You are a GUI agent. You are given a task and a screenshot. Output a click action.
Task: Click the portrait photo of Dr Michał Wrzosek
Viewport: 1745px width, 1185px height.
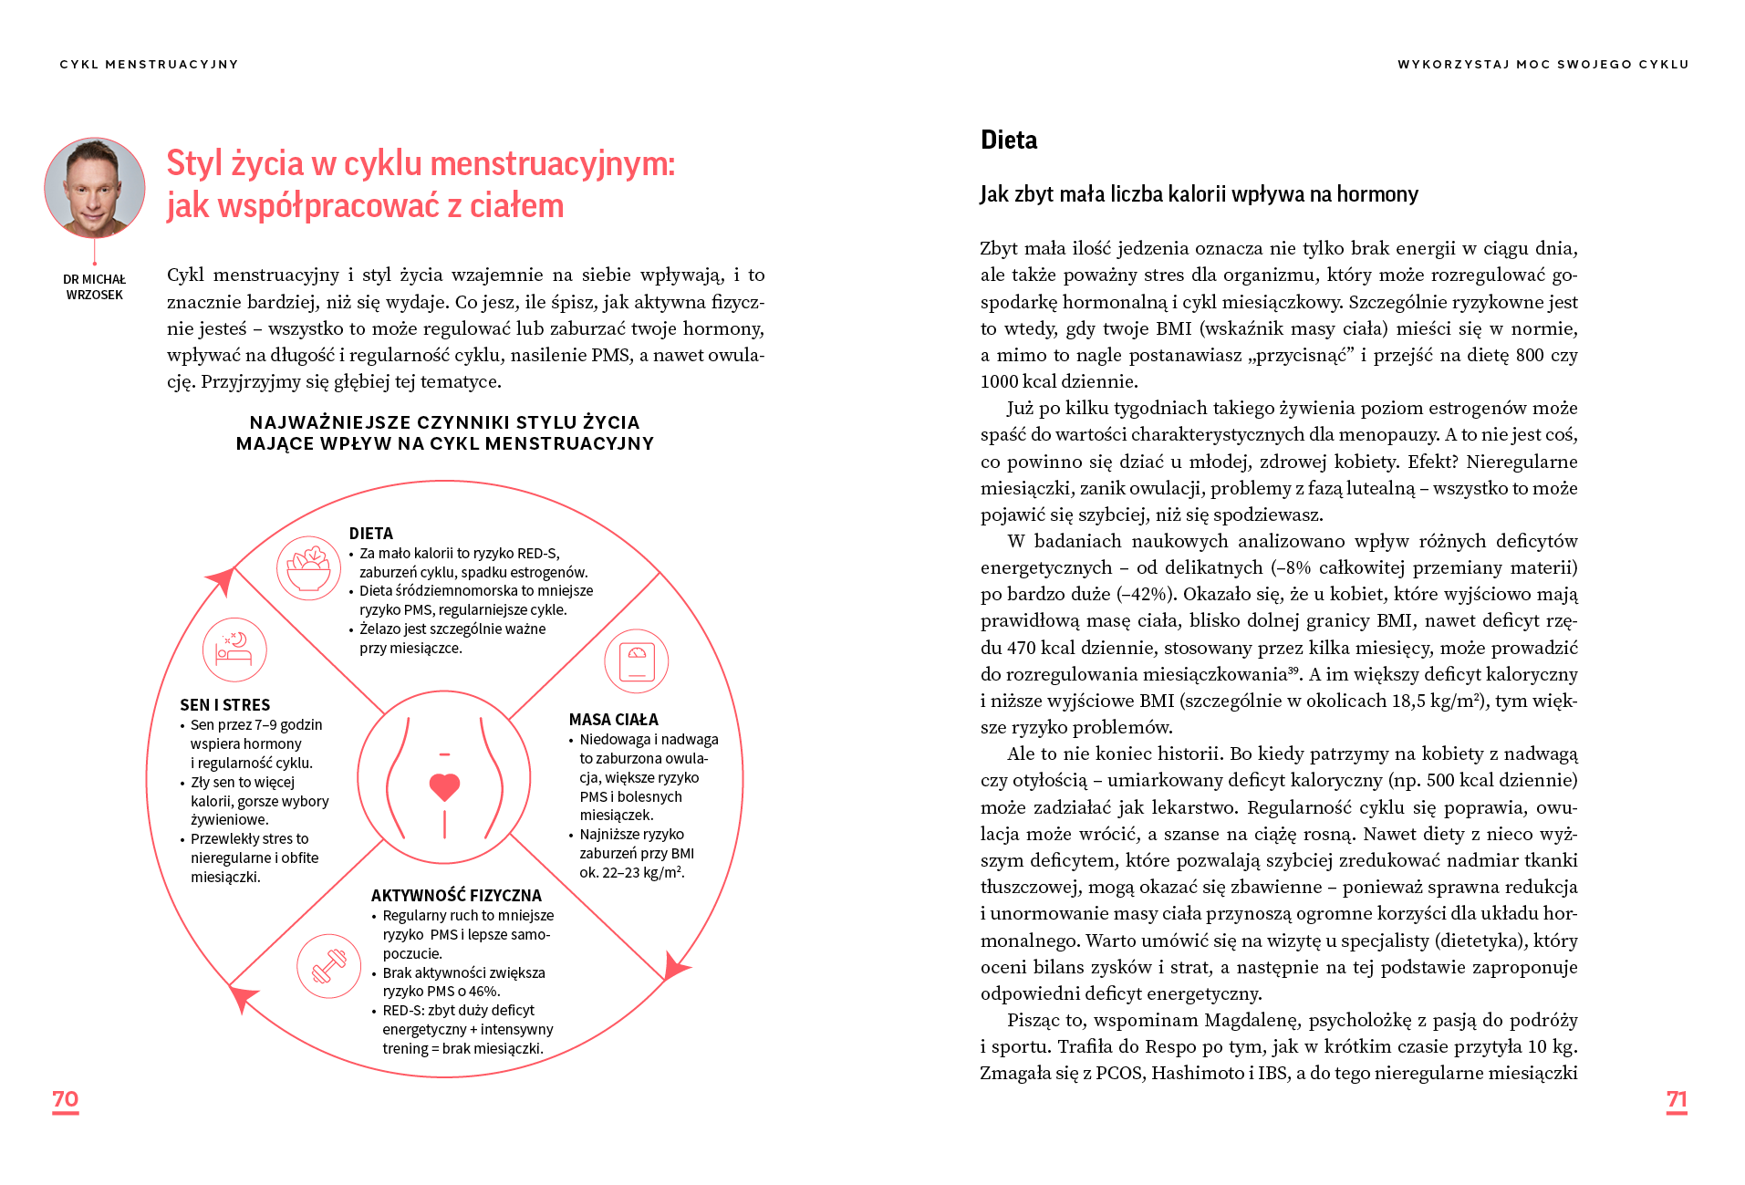click(x=95, y=188)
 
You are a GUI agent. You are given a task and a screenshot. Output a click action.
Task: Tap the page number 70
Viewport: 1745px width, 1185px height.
click(x=65, y=1099)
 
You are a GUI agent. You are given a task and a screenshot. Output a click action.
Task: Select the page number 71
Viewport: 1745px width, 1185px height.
click(x=1676, y=1099)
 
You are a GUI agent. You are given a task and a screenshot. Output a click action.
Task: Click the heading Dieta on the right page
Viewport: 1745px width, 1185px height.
click(x=1009, y=140)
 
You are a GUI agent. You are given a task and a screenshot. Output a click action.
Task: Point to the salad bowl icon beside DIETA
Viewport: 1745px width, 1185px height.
click(x=308, y=568)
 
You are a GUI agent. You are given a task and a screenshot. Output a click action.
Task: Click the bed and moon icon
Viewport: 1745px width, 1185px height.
click(x=234, y=650)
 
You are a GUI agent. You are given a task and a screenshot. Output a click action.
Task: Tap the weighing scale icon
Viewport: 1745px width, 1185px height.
click(x=637, y=661)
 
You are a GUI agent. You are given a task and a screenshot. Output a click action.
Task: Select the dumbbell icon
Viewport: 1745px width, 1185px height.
click(x=328, y=966)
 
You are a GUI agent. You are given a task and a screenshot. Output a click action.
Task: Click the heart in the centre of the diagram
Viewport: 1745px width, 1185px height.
click(x=444, y=785)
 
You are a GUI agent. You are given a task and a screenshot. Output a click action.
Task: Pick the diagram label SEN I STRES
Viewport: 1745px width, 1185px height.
click(x=225, y=705)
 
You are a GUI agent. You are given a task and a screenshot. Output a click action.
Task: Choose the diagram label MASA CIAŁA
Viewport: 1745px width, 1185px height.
click(x=613, y=720)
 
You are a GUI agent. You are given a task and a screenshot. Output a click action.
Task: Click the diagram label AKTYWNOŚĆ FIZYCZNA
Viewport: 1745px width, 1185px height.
click(x=456, y=896)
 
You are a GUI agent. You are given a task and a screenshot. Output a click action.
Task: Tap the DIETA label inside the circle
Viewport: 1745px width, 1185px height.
click(x=371, y=534)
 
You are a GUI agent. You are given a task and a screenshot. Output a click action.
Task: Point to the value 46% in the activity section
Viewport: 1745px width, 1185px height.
click(x=483, y=992)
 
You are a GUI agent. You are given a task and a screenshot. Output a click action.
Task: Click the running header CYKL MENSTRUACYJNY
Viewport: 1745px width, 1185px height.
click(x=149, y=65)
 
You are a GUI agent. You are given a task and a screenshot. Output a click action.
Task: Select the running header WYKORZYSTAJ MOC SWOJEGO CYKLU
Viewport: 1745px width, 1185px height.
click(x=1542, y=65)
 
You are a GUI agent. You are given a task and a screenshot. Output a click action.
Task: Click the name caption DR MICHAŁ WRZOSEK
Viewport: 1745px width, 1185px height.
click(x=94, y=287)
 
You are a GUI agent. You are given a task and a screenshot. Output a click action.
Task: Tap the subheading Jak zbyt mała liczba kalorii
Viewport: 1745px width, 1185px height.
click(x=1199, y=194)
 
